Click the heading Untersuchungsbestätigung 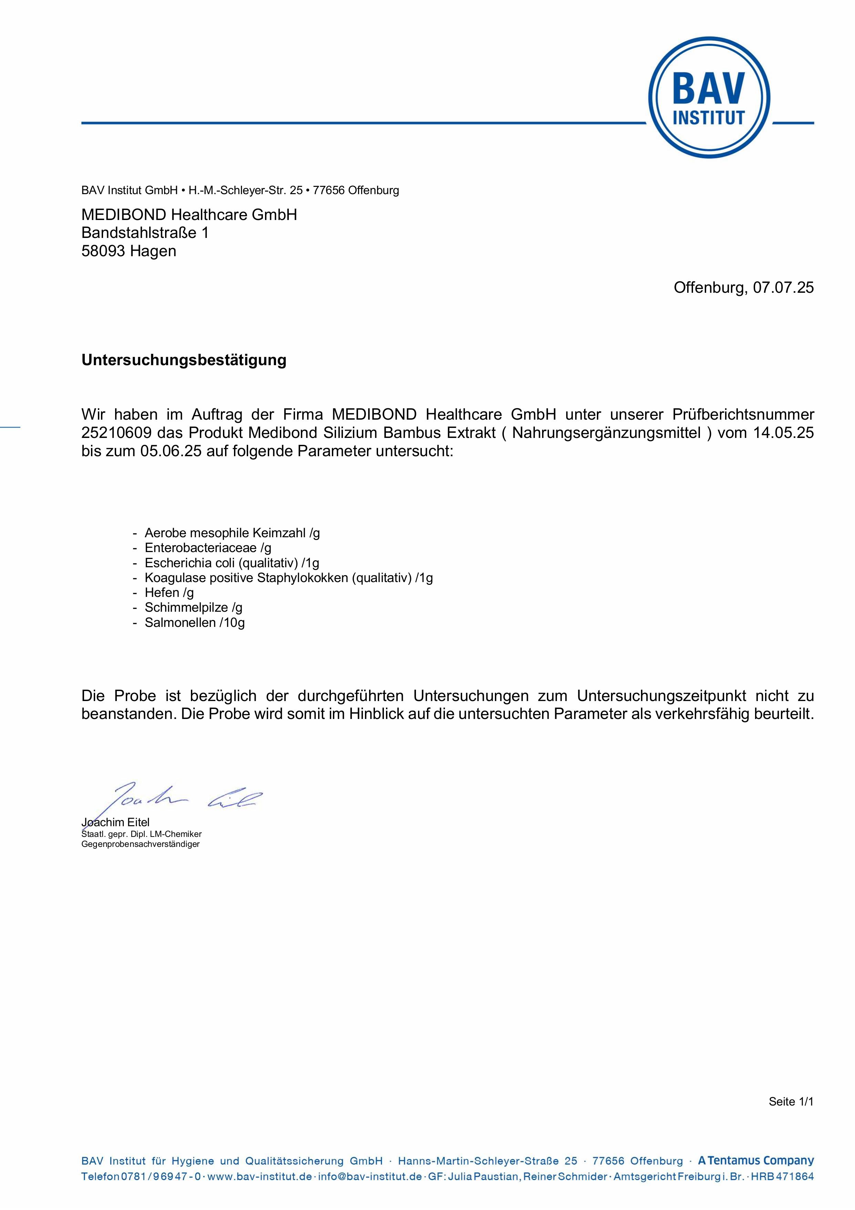(x=184, y=360)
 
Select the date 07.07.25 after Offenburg (x=783, y=287)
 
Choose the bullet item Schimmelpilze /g (x=193, y=608)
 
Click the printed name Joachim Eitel (x=115, y=822)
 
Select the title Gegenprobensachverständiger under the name (x=140, y=844)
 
